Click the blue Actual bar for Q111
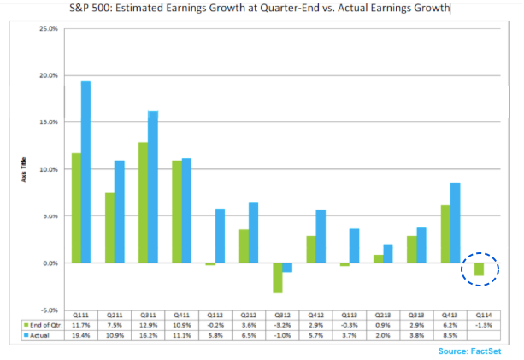85,172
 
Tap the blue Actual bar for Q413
455,222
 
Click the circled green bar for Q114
479,269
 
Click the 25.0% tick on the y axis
48,29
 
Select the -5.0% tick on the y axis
48,310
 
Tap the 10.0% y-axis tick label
48,169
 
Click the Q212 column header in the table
248,315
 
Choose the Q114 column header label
484,315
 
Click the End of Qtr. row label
43,324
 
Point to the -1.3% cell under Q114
484,324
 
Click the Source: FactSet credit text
470,351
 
